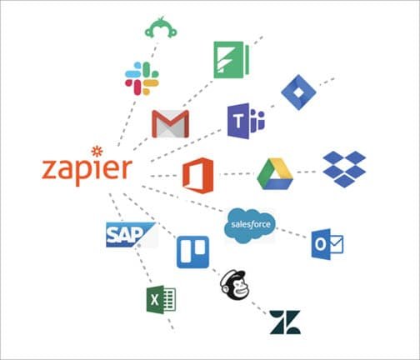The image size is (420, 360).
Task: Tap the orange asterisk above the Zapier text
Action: pyautogui.click(x=97, y=152)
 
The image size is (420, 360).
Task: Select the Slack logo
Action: pyautogui.click(x=142, y=78)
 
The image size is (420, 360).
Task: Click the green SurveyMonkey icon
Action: pyautogui.click(x=161, y=27)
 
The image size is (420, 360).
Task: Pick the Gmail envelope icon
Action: pyautogui.click(x=171, y=123)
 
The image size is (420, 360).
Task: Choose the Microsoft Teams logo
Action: pyautogui.click(x=246, y=121)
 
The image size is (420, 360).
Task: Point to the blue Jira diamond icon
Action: pyautogui.click(x=298, y=92)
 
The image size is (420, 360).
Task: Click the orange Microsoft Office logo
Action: pyautogui.click(x=198, y=175)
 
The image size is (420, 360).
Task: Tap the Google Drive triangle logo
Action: pyautogui.click(x=275, y=174)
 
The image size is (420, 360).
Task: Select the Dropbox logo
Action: pyautogui.click(x=344, y=169)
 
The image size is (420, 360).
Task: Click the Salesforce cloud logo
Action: pyautogui.click(x=251, y=226)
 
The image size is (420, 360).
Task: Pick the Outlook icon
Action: pyautogui.click(x=327, y=244)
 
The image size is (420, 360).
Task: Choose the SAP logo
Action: pyautogui.click(x=131, y=235)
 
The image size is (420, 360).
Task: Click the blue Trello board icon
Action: pyautogui.click(x=192, y=252)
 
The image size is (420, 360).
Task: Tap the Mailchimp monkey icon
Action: pyautogui.click(x=235, y=285)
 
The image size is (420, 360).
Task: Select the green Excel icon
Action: pyautogui.click(x=161, y=300)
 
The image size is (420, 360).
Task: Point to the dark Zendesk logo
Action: pyautogui.click(x=285, y=322)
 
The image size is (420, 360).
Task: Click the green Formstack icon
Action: pyautogui.click(x=232, y=60)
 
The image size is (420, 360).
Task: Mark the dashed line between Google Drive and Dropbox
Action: pyautogui.click(x=307, y=172)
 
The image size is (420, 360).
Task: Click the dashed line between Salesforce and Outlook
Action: pyautogui.click(x=292, y=233)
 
